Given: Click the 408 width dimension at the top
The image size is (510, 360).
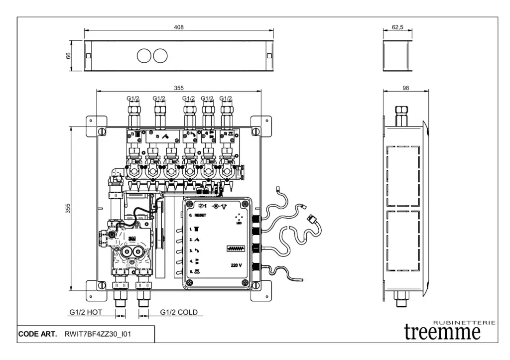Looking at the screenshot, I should tap(178, 27).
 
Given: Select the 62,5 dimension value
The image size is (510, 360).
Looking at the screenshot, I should tap(397, 27).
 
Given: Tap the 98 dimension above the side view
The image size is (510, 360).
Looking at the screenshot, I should tap(405, 88).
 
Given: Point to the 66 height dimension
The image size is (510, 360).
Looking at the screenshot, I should tap(70, 56).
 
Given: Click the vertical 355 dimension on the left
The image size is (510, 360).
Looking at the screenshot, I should tap(70, 209).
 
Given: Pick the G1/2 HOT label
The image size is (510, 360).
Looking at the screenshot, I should tap(85, 313).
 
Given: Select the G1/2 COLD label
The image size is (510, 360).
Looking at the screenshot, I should tap(179, 313).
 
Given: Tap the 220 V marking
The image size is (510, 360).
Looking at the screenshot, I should tap(237, 265).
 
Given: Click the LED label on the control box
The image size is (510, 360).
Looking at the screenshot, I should tap(239, 223).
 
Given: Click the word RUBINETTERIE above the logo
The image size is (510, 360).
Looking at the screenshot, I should tap(464, 322).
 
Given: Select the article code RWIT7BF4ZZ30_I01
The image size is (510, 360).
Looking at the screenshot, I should tap(98, 334).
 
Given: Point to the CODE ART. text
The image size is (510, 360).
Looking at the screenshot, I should tap(38, 334).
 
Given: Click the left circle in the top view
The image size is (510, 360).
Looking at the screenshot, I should tap(144, 56).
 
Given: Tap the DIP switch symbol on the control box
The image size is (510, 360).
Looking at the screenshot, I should tap(234, 247).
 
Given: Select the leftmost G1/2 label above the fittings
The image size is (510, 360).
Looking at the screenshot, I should tap(133, 99).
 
